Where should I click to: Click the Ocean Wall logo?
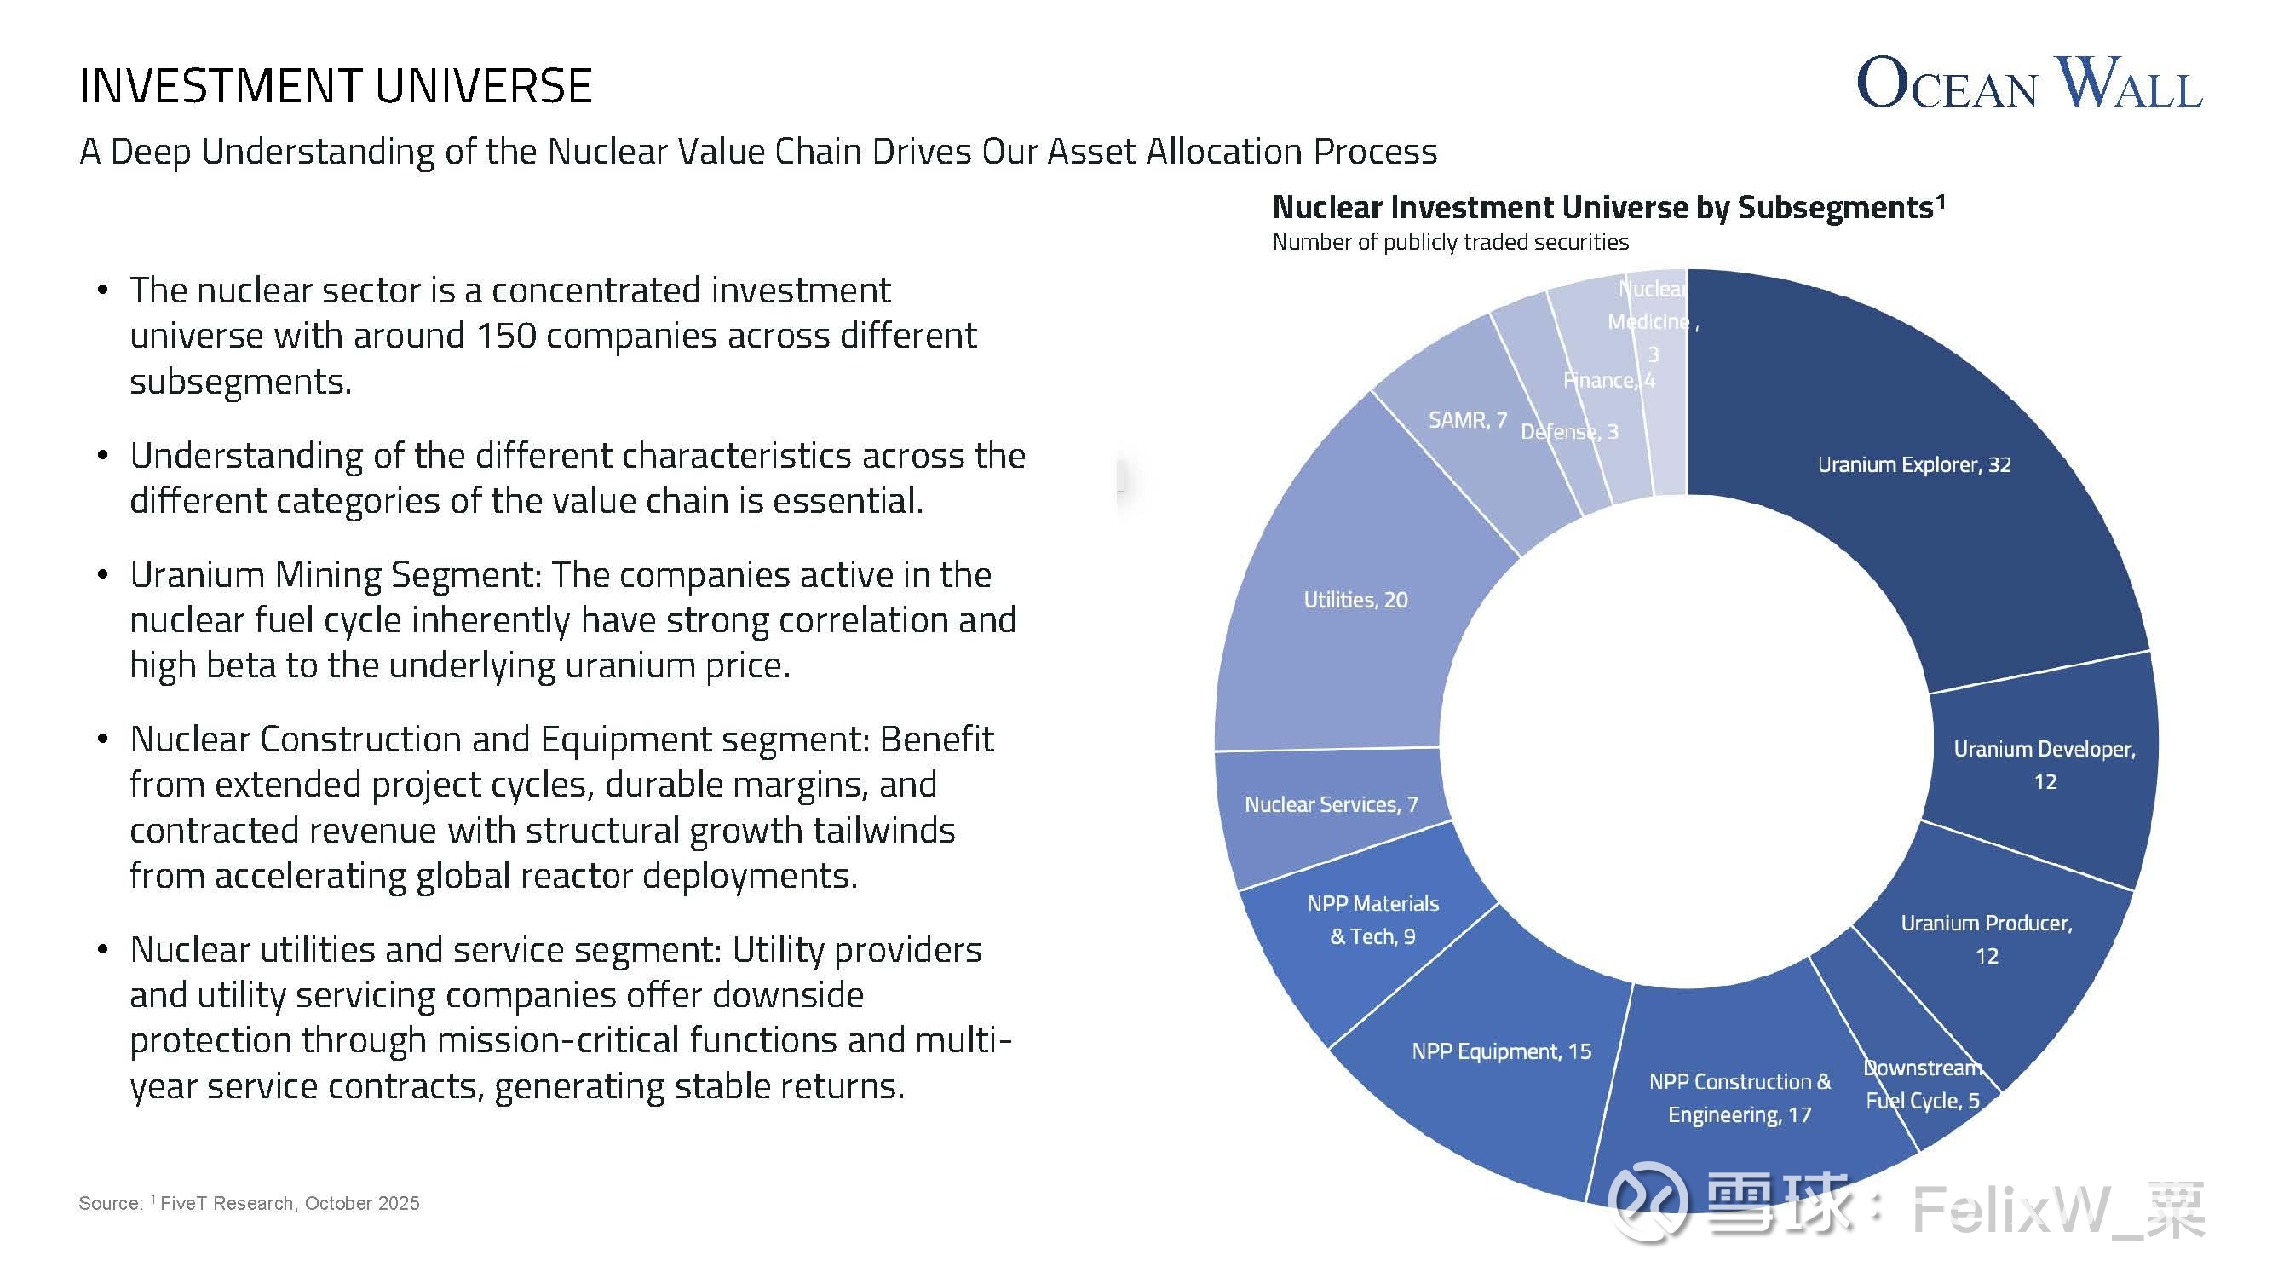click(x=2028, y=83)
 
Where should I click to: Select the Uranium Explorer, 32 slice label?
click(x=1914, y=465)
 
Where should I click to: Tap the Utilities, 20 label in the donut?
click(x=1355, y=600)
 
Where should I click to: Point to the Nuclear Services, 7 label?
click(x=1331, y=804)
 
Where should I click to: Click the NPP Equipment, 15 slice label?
click(x=1501, y=1051)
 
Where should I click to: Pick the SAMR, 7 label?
click(x=1468, y=420)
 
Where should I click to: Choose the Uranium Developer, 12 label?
click(x=2045, y=765)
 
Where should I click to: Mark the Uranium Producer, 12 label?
click(x=1987, y=938)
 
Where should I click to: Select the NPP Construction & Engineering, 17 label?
click(x=1740, y=1098)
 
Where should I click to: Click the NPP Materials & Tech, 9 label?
click(x=1373, y=919)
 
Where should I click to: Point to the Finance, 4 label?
click(x=1608, y=380)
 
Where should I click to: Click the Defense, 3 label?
click(x=1569, y=431)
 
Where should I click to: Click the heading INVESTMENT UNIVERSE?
click(x=335, y=86)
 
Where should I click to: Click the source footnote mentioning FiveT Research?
click(x=249, y=1203)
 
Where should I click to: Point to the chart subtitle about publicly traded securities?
click(x=1450, y=242)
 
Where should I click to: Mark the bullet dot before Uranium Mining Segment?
click(x=103, y=575)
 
